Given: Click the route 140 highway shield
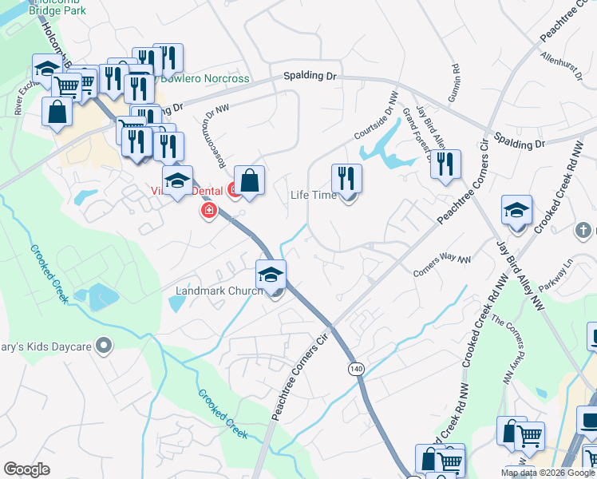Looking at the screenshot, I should point(355,368).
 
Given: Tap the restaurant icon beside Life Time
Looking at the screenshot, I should point(346,178).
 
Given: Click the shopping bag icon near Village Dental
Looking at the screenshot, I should point(250,180).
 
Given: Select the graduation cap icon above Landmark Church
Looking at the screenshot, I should point(271,275).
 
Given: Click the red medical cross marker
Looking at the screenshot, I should point(209,211).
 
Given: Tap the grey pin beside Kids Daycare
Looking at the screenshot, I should point(103,345).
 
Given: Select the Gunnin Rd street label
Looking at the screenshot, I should point(456,78).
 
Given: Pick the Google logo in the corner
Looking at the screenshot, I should point(26,469).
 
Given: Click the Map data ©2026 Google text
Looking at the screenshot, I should point(548,473).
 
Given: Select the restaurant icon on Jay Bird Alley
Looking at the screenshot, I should point(445,164).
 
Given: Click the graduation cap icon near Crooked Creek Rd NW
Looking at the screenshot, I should point(516,210).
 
